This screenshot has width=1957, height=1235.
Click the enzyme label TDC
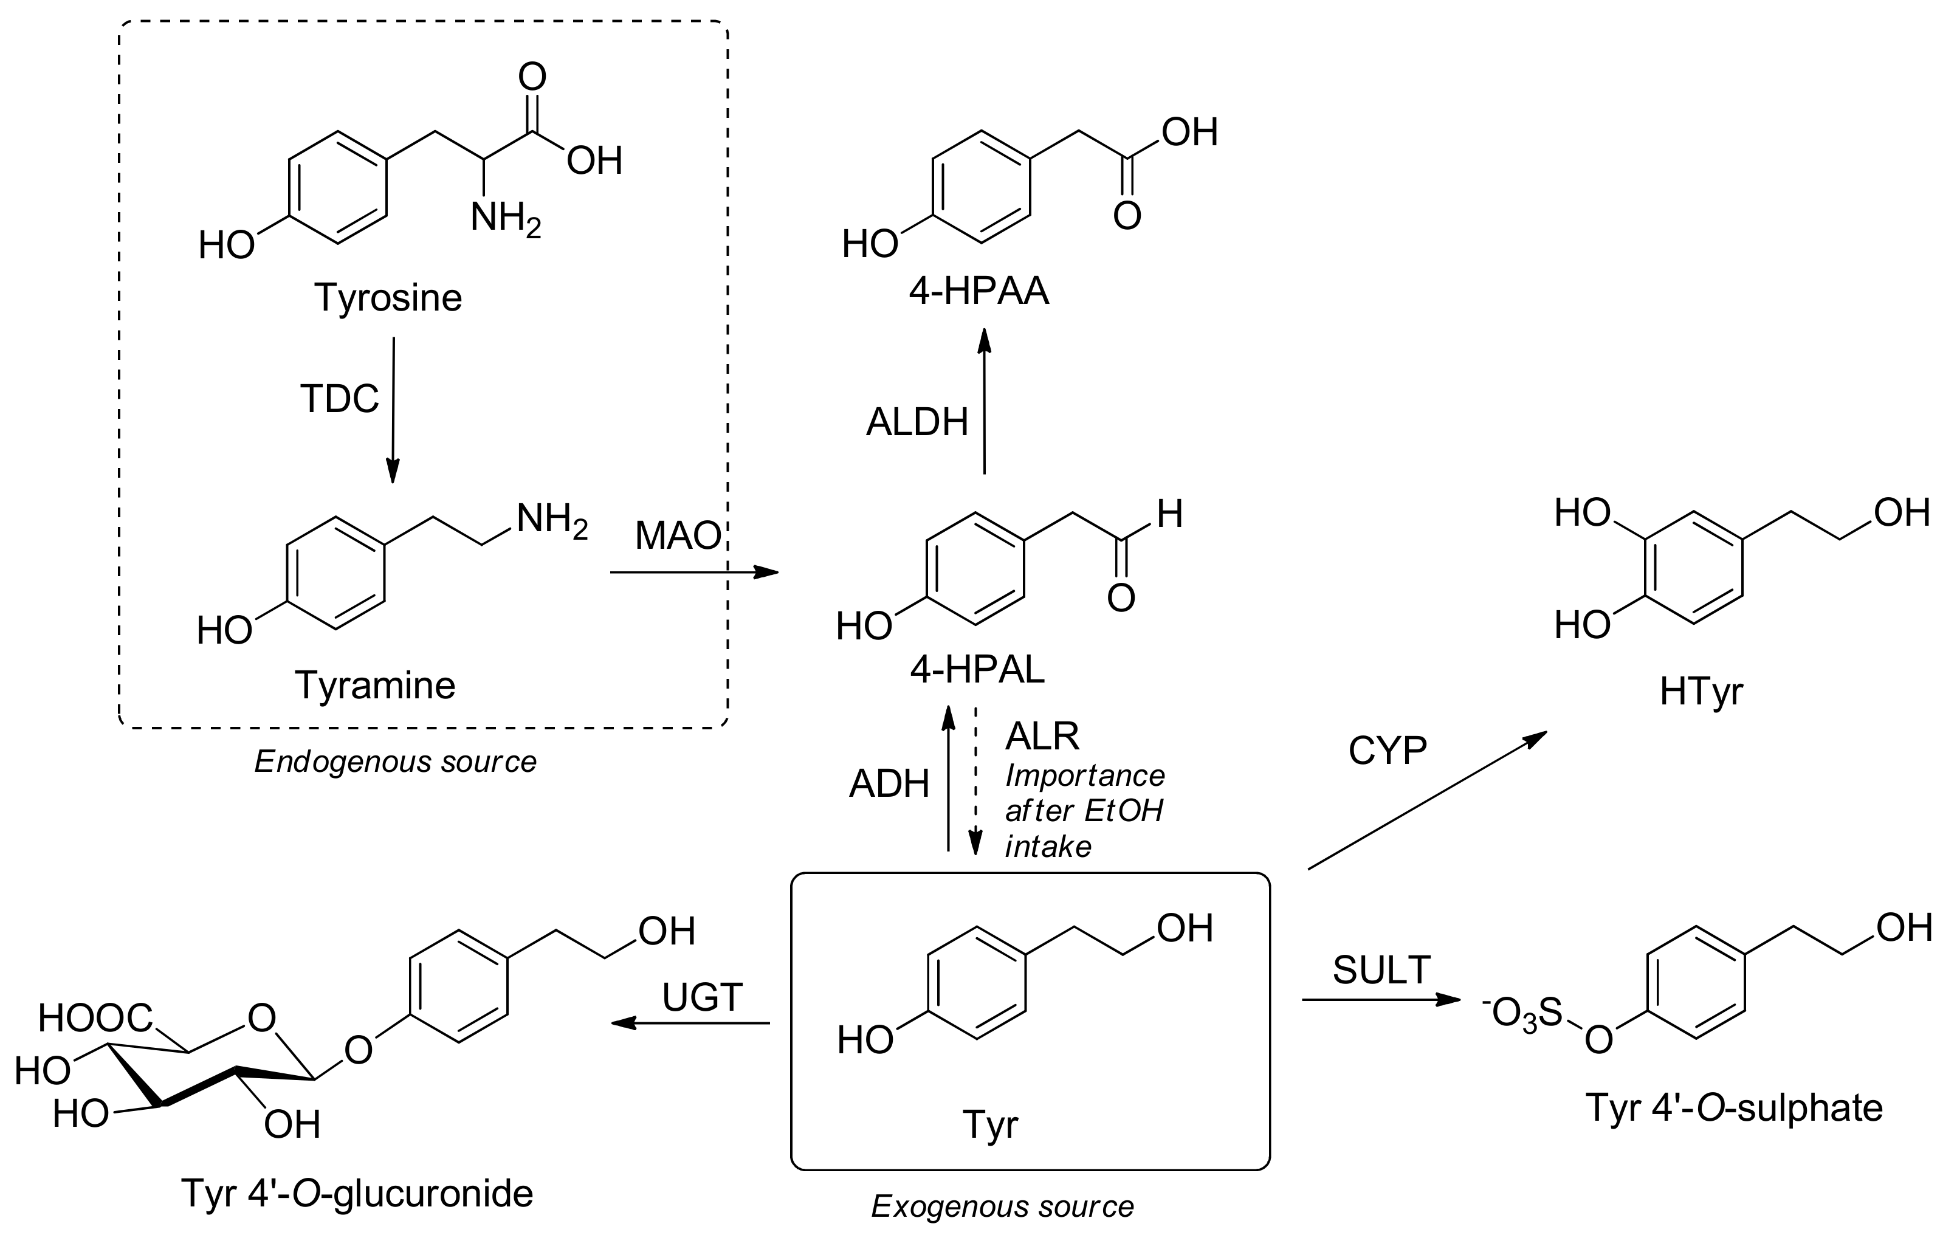[x=339, y=399]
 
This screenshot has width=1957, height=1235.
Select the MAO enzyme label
[x=678, y=535]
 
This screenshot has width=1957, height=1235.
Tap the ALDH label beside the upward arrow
[x=917, y=422]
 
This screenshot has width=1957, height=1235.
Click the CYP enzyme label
[x=1388, y=752]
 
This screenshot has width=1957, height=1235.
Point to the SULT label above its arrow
[x=1381, y=970]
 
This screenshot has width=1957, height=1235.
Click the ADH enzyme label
[x=889, y=785]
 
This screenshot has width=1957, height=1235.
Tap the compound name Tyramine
[x=374, y=686]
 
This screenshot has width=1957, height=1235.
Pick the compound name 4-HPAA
[x=978, y=291]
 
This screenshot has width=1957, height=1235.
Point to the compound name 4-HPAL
[x=977, y=670]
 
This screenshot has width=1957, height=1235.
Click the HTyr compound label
[x=1701, y=692]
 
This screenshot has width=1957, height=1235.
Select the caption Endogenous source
[x=395, y=762]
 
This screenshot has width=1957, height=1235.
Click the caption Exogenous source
[x=1002, y=1206]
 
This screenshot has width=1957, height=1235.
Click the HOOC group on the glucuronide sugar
[x=95, y=1018]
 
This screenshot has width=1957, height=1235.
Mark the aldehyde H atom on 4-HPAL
[x=1169, y=514]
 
